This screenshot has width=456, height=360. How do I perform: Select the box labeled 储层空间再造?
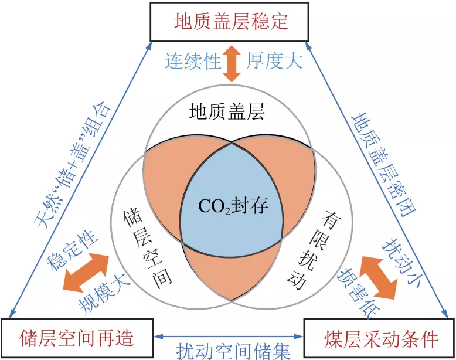pyautogui.click(x=77, y=337)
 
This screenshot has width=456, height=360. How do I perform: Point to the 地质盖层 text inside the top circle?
pyautogui.click(x=227, y=111)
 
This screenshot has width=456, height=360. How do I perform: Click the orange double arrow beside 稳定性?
pyautogui.click(x=87, y=272)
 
